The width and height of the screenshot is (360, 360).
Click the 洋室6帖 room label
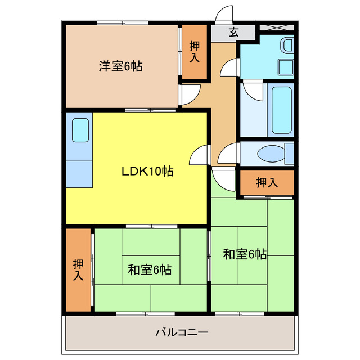click(121, 66)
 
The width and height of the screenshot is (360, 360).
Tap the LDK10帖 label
click(147, 172)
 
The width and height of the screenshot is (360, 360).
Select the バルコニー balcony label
click(182, 332)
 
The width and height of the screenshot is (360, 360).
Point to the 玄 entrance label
click(233, 32)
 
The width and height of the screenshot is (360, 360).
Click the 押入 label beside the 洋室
click(195, 51)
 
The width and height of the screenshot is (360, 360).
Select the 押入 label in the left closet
click(78, 269)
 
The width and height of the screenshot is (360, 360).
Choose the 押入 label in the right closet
click(267, 182)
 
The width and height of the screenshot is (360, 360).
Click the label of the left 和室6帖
click(149, 269)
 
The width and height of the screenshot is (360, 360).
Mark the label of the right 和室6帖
click(245, 254)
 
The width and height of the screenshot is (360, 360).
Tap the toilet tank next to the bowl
click(289, 152)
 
